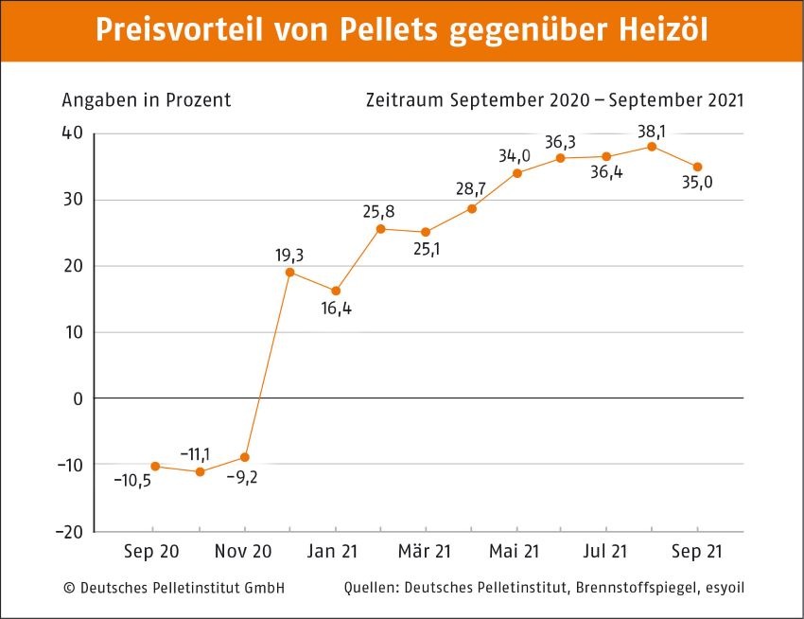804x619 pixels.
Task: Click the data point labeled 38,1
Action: tap(652, 147)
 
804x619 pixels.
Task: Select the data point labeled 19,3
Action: tap(289, 273)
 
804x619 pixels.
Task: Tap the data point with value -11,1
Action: tap(200, 471)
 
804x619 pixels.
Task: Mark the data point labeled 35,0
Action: tap(697, 167)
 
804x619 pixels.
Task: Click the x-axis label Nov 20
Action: tap(244, 551)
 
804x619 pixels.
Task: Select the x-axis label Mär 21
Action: tap(426, 551)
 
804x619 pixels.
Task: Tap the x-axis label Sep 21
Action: tap(697, 551)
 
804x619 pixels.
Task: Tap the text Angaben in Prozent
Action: tap(147, 100)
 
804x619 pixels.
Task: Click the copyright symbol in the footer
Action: tap(69, 588)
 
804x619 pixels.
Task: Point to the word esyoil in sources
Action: tap(723, 588)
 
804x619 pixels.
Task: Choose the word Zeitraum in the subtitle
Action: tap(405, 100)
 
